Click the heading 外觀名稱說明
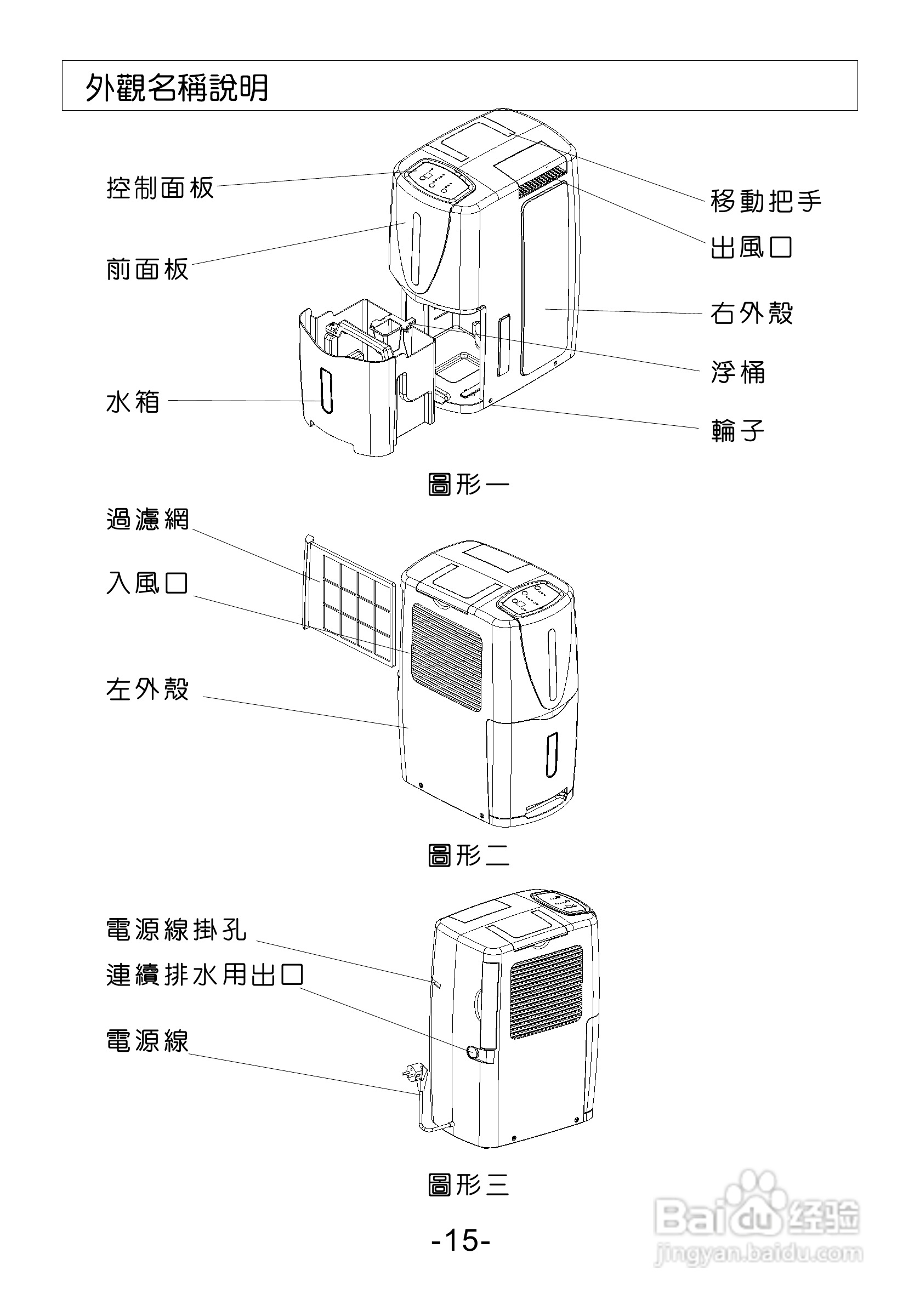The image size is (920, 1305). point(177,88)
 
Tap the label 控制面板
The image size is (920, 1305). point(160,187)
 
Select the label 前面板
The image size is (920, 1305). point(147,269)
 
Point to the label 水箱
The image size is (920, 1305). point(133,402)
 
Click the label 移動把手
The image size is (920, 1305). point(766,201)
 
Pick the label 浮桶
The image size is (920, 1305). point(738,372)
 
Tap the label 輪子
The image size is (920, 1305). point(738,430)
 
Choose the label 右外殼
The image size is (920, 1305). point(752,312)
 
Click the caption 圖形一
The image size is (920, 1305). point(469,485)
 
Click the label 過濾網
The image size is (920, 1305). point(148,519)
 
